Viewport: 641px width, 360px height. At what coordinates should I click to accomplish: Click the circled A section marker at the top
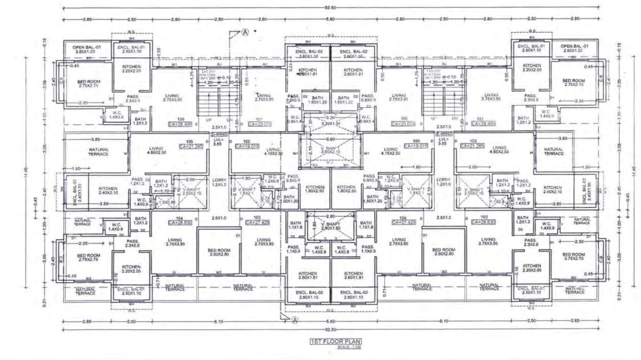coord(245,31)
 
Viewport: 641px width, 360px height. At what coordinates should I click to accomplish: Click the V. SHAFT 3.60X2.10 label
coord(331,150)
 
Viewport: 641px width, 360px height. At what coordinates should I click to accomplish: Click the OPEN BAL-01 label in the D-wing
coord(86,49)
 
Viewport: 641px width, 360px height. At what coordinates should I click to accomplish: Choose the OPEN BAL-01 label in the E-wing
coord(572,48)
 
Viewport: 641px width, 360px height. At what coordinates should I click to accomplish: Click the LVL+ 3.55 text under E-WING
coord(442,141)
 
